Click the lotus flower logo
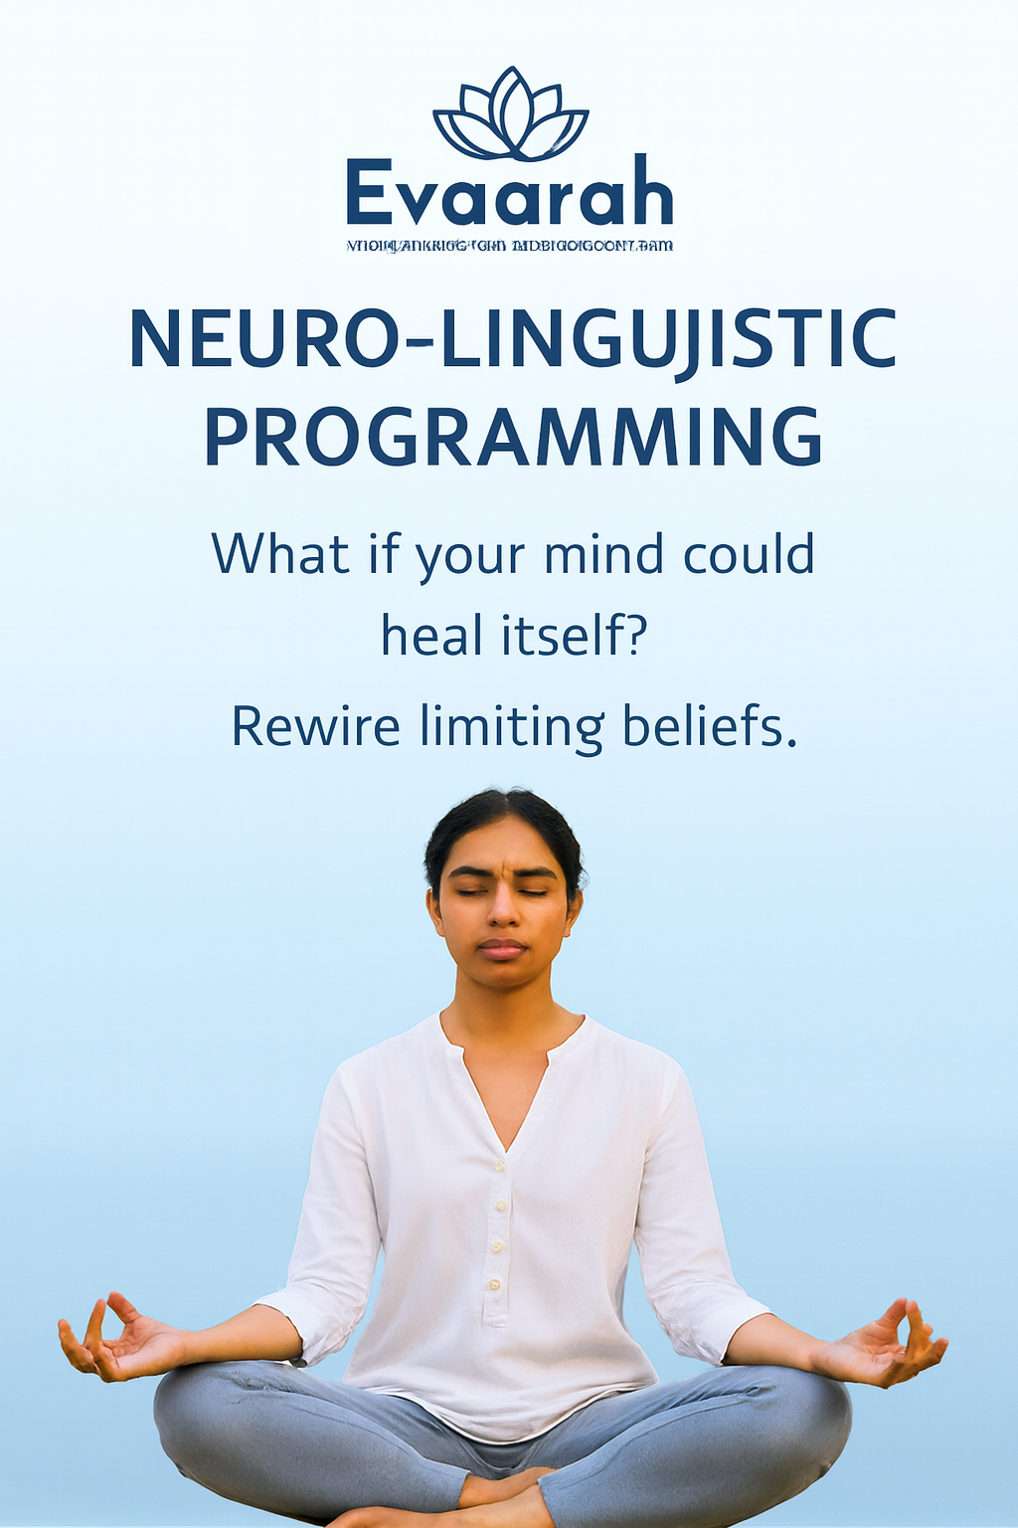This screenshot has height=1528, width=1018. coord(510,115)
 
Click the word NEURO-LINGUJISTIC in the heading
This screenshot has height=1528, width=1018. coord(513,339)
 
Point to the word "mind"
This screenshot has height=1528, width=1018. coord(603,554)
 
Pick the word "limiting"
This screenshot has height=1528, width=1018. coord(511,728)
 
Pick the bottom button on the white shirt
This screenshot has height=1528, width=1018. coord(494,1284)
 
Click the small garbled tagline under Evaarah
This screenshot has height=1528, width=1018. coord(509,245)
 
